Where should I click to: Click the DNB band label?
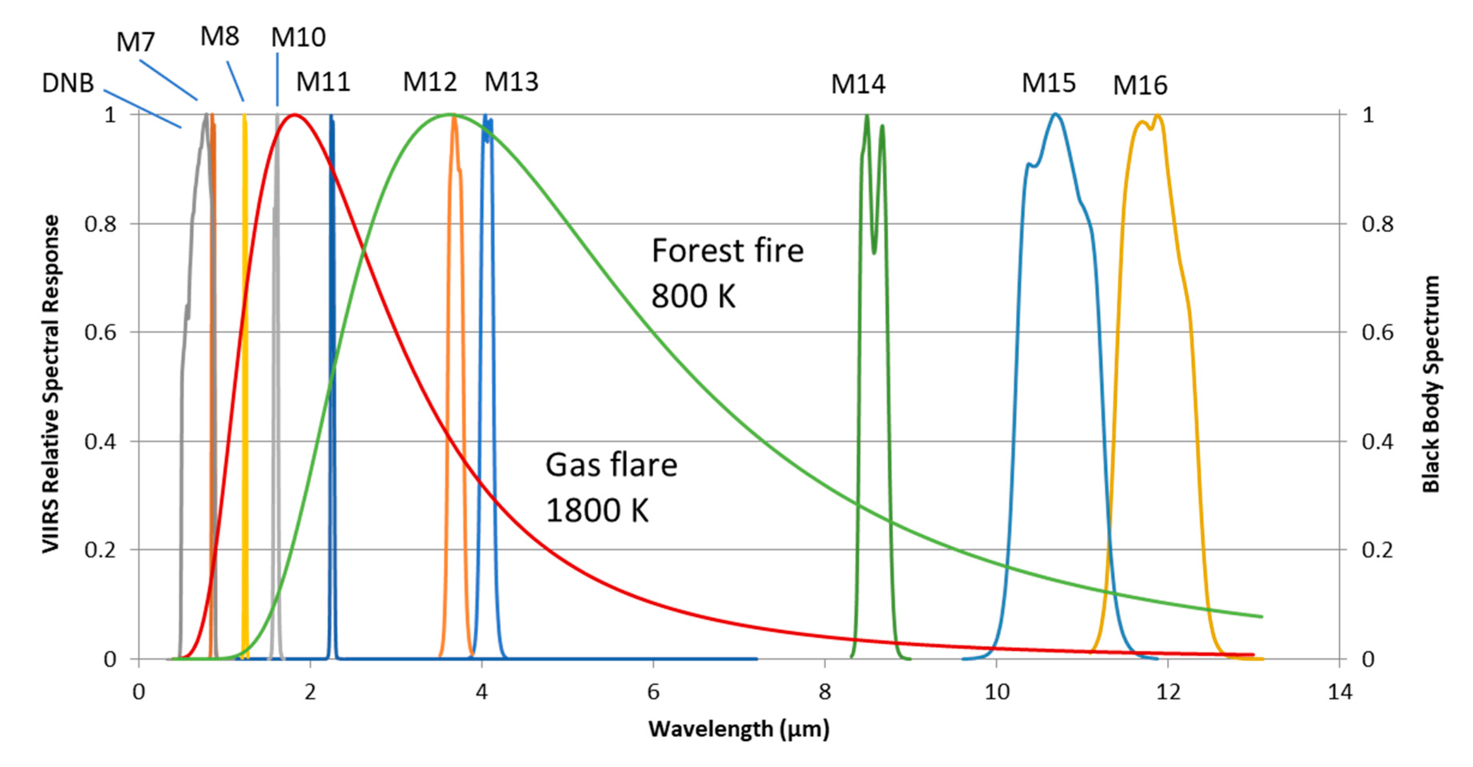68,83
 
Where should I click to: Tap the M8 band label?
220,37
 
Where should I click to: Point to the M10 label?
298,38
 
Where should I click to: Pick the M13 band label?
511,82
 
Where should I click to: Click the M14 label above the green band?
858,85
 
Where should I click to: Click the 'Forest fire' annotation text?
727,250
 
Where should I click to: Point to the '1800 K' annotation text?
597,510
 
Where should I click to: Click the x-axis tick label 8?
824,692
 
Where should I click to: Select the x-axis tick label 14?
1339,692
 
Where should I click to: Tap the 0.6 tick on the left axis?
101,332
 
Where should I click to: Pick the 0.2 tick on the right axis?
1377,550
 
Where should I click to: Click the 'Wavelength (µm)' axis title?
738,729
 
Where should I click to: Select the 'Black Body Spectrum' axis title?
1431,384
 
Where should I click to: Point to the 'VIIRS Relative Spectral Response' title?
51,384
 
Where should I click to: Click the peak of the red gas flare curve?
294,115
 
